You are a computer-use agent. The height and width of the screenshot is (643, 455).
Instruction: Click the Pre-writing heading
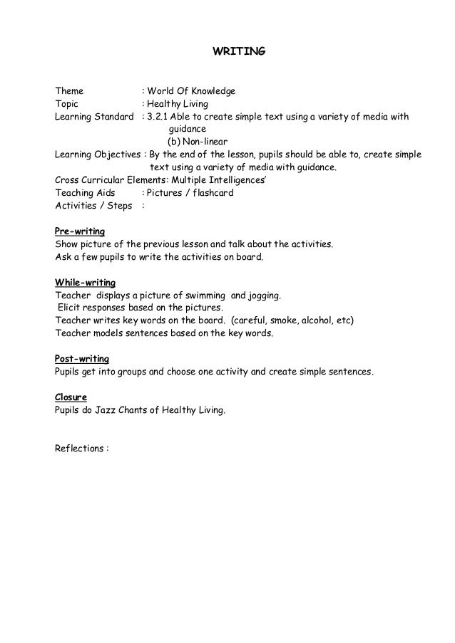click(80, 231)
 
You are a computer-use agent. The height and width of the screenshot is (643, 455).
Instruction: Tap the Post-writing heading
click(82, 359)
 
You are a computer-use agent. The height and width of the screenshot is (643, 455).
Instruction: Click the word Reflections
click(80, 449)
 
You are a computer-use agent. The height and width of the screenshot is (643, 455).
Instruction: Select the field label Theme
click(69, 91)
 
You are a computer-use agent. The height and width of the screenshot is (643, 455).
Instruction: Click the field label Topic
click(68, 104)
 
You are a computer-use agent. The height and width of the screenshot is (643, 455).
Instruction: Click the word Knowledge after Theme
click(212, 91)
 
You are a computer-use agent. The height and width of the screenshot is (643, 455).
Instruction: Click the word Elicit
click(70, 308)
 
